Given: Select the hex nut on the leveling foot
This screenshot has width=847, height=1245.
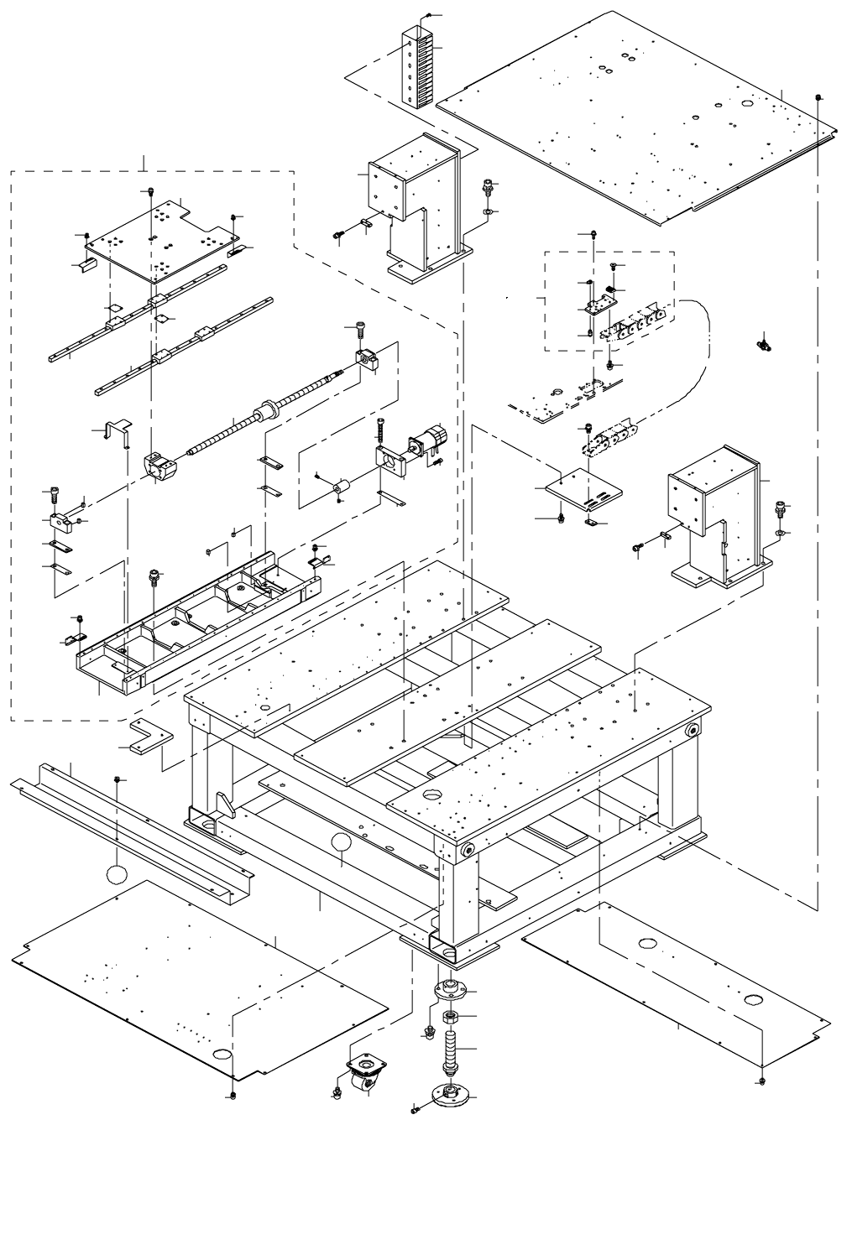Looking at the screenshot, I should coord(449,1018).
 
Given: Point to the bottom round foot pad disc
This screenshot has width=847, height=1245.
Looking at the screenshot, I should coord(450,1094).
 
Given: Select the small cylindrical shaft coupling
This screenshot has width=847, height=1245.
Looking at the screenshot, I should coord(342,486).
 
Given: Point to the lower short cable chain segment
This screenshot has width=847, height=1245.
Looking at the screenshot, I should coord(608,440).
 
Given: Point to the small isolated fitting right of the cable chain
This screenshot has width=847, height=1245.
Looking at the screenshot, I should coord(764,343).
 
